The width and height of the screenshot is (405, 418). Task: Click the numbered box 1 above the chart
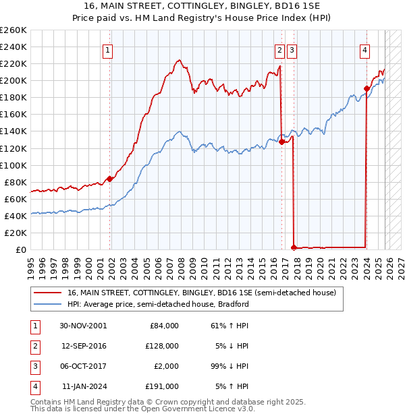pyautogui.click(x=108, y=49)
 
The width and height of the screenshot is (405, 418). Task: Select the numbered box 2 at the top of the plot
pyautogui.click(x=279, y=49)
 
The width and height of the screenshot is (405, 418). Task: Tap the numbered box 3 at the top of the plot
pyautogui.click(x=292, y=49)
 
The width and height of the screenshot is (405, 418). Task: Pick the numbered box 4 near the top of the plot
pyautogui.click(x=364, y=49)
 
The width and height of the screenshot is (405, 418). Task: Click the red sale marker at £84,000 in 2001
pyautogui.click(x=109, y=179)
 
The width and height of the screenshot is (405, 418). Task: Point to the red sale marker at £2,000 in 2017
pyautogui.click(x=294, y=247)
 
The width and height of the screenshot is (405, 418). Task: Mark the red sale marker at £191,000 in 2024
pyautogui.click(x=367, y=88)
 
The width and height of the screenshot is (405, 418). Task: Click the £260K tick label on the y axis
pyautogui.click(x=13, y=30)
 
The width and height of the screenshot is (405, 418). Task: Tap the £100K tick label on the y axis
pyautogui.click(x=13, y=165)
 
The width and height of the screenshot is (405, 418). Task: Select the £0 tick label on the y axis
pyautogui.click(x=20, y=249)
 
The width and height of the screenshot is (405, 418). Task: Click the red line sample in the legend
pyautogui.click(x=47, y=293)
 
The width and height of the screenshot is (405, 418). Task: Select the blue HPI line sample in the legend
pyautogui.click(x=47, y=304)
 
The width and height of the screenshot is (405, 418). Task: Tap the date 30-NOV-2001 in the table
pyautogui.click(x=83, y=326)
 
